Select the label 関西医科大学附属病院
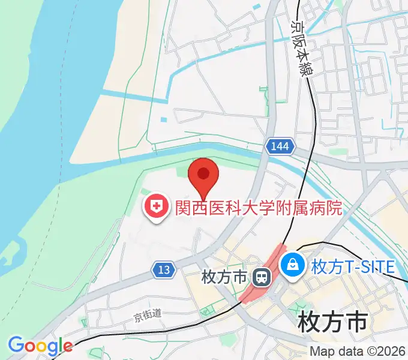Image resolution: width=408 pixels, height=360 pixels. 258,208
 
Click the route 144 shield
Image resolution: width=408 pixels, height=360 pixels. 279,146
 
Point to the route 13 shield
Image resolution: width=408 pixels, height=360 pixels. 164,270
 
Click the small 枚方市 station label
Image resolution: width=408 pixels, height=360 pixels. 224,278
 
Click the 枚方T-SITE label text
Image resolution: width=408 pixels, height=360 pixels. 353,265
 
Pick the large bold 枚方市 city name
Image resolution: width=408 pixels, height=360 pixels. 332,322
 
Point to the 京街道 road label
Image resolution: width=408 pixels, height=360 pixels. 148,313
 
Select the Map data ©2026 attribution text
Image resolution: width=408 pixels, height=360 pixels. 358,351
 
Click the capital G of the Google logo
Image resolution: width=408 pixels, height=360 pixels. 15,345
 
